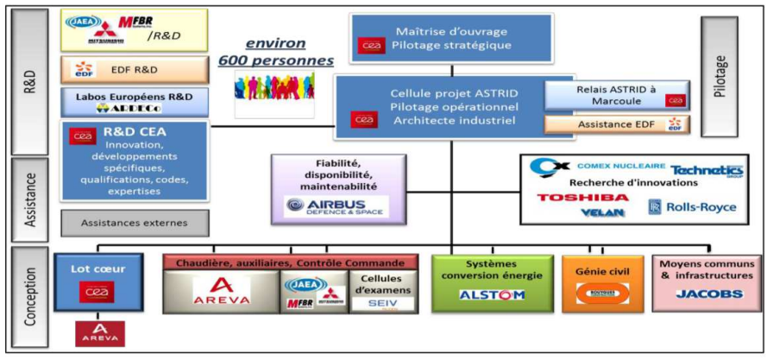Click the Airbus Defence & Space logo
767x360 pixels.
click(x=336, y=205)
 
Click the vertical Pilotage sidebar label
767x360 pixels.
click(x=722, y=75)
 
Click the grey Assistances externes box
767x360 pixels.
click(x=134, y=223)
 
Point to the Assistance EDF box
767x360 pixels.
click(x=616, y=124)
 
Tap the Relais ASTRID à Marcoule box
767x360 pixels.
click(x=616, y=95)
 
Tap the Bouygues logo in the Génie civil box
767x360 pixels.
click(x=601, y=294)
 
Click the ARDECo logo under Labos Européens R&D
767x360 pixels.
click(x=135, y=108)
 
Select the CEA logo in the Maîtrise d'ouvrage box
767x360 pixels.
click(x=370, y=44)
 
